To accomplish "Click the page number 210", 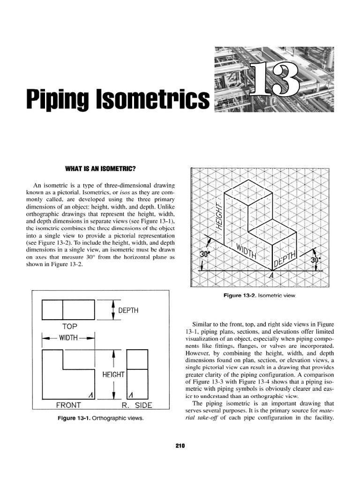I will click(180, 446).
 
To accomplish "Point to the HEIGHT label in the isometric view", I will click(218, 217).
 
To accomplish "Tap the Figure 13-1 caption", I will click(100, 417).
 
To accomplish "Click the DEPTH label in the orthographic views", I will click(128, 310).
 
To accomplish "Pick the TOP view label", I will click(69, 326).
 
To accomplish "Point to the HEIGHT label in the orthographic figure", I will click(113, 375).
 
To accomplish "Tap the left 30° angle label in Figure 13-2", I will click(206, 254).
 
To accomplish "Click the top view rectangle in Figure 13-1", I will click(68, 309).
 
